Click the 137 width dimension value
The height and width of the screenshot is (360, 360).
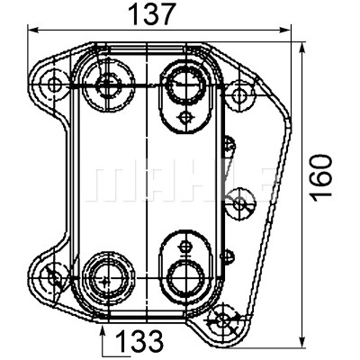(151, 13)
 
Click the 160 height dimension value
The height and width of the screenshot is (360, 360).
(320, 177)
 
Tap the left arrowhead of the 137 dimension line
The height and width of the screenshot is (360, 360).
(33, 30)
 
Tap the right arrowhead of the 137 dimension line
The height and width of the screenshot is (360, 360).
(285, 30)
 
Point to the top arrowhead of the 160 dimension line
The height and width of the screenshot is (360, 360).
(302, 48)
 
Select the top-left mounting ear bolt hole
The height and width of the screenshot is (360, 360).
(54, 85)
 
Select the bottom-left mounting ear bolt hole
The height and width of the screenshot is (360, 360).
(54, 276)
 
